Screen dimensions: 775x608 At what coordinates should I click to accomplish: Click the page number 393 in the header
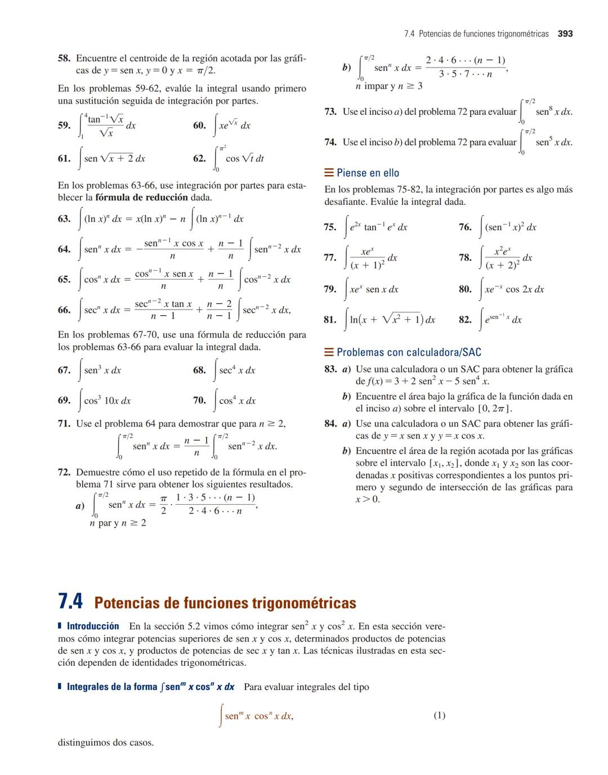(x=565, y=34)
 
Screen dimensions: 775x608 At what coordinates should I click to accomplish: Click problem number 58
(x=64, y=59)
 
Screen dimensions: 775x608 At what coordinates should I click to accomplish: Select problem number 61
(x=64, y=159)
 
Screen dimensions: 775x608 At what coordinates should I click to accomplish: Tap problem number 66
(x=64, y=310)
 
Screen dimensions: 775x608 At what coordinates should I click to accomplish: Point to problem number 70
(x=199, y=401)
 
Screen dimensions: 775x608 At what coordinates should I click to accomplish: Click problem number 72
(x=64, y=473)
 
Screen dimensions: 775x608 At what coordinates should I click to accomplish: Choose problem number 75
(x=330, y=227)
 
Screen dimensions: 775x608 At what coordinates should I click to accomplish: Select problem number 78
(x=465, y=258)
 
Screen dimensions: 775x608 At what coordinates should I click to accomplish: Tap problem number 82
(x=465, y=320)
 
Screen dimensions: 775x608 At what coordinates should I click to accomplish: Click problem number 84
(x=330, y=424)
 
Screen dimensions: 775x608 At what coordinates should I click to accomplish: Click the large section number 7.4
(x=70, y=602)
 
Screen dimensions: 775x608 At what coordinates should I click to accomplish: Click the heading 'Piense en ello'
(x=368, y=173)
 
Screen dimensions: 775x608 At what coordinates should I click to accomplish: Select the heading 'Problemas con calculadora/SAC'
(x=409, y=352)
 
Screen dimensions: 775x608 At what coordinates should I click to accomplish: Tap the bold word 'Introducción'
(x=93, y=626)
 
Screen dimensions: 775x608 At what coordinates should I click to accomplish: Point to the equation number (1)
(x=439, y=715)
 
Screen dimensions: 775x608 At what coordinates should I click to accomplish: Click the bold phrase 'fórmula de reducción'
(x=141, y=198)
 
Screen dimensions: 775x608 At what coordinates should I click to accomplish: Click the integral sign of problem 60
(x=216, y=126)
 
